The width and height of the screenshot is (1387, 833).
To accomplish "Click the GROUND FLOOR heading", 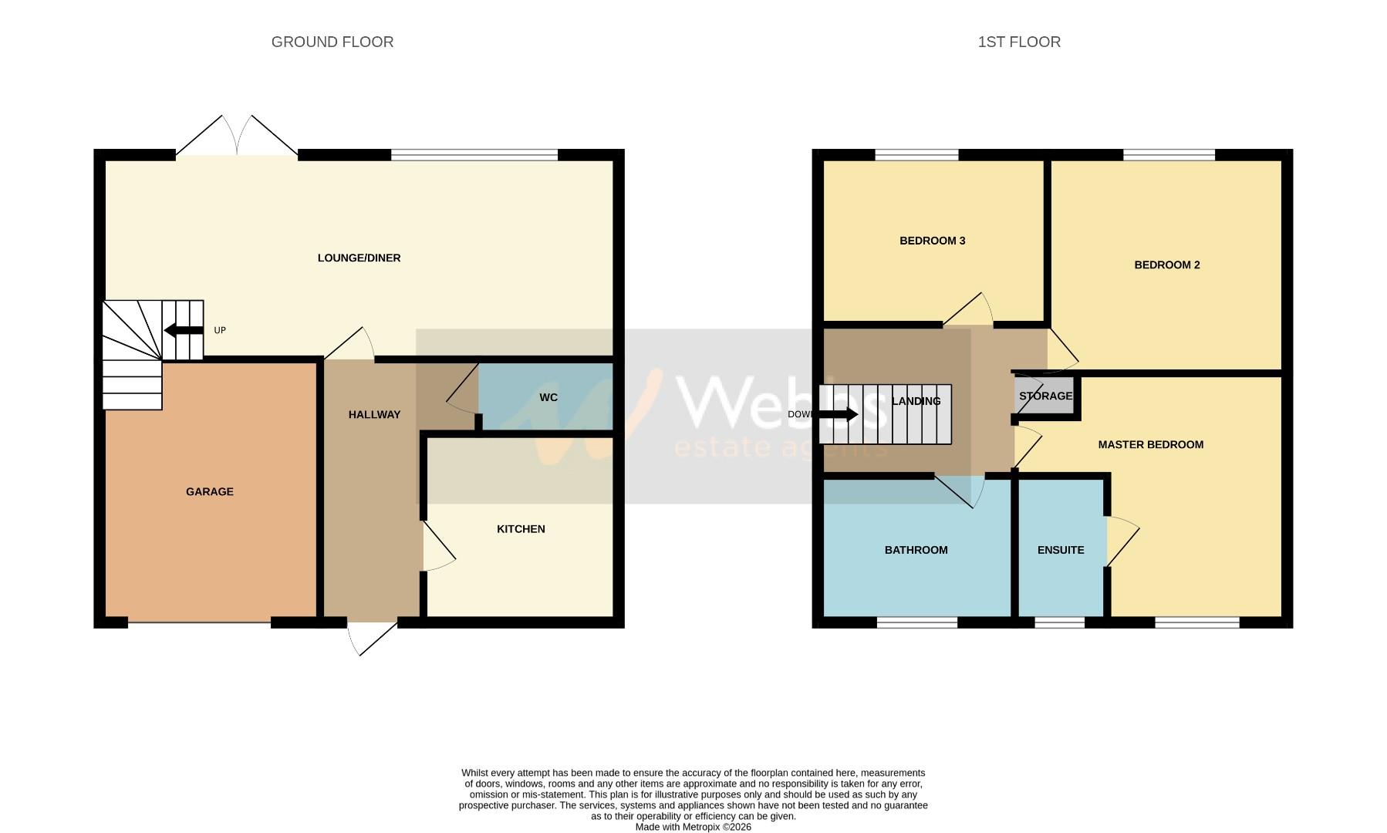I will coord(332,42).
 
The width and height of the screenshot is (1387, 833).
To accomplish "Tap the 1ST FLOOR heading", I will coord(1019,42).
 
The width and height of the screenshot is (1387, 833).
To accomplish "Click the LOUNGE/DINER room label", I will coord(359,258).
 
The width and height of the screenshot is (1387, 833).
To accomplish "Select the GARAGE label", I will coord(209,491).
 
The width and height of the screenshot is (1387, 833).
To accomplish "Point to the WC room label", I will coord(548,397).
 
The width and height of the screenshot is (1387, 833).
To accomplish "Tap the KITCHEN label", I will coord(521,528).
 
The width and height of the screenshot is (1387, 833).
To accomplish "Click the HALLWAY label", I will coord(374,414).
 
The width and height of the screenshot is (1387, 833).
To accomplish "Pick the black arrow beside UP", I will coord(183,331).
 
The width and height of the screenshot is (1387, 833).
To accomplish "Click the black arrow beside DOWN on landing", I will coord(839,414).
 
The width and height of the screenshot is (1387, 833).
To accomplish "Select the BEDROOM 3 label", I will coord(932,241).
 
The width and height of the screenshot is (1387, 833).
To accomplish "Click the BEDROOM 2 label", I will coord(1166,265).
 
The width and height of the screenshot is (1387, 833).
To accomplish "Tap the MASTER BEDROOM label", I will coord(1150,444).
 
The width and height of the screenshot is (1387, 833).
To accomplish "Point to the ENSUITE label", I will coord(1061,550).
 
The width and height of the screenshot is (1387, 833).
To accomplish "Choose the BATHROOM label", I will coord(916,550).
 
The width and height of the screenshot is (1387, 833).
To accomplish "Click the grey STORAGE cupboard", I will coord(1045,396).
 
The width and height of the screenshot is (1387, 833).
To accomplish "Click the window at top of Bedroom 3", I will coord(916,155).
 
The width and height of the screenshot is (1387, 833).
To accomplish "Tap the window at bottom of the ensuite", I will coord(1059,622).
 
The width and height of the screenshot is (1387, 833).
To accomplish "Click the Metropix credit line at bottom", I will coord(693,827).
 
